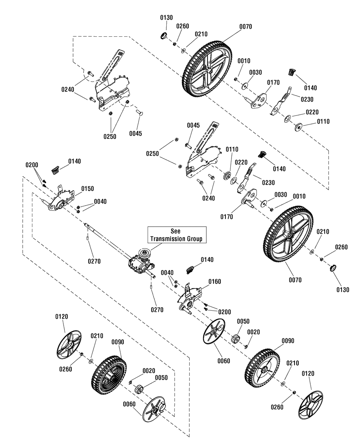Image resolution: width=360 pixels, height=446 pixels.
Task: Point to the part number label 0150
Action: [87, 188]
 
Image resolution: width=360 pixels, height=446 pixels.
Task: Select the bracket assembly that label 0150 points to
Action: [59, 201]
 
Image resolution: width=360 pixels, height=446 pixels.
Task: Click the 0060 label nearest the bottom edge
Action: [129, 404]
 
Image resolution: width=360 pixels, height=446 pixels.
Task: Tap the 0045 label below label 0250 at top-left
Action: [136, 133]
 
